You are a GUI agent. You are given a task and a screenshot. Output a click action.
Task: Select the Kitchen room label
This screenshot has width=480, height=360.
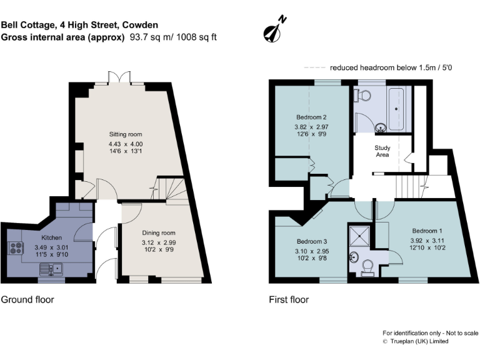point(51,238)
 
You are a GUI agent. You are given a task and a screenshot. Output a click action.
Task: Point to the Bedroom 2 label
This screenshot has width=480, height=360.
point(311,117)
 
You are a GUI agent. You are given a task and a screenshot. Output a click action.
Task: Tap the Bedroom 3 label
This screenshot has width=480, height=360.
point(311,241)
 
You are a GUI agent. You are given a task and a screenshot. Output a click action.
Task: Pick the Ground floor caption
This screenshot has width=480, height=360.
point(27,299)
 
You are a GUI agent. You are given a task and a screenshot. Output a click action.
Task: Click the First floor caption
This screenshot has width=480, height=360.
point(289,299)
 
